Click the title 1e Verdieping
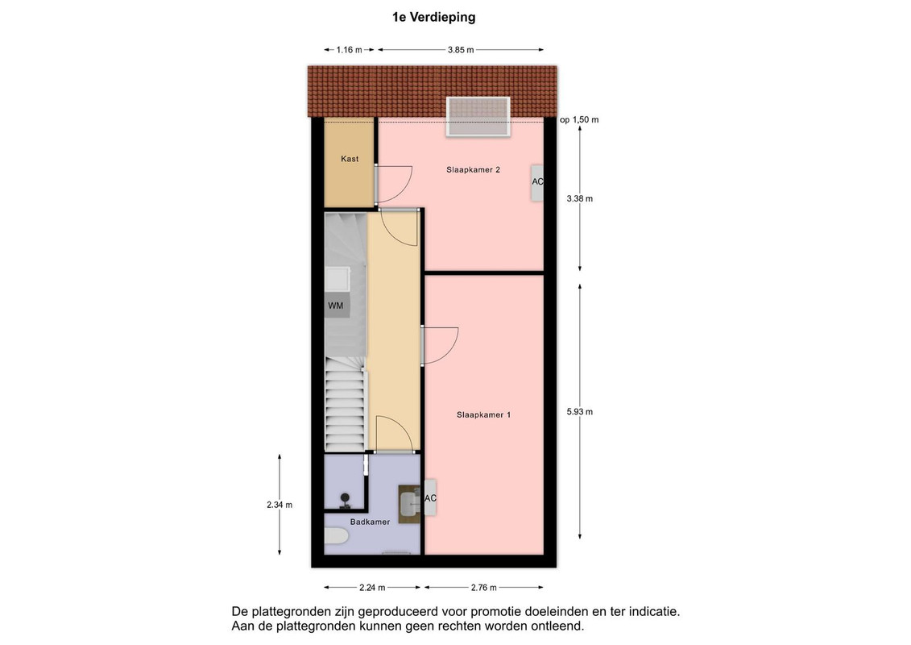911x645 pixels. [433, 18]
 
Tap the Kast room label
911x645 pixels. [350, 159]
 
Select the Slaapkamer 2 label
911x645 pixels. [473, 170]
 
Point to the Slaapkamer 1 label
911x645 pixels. [483, 414]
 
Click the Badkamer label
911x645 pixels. [370, 522]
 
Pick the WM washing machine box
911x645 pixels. [336, 306]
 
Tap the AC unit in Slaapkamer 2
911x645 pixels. [537, 183]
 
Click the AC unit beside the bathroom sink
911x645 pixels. [430, 497]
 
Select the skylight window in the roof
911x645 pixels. [478, 116]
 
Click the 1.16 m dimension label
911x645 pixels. [350, 50]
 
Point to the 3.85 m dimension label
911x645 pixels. [461, 50]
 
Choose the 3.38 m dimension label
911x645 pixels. [580, 199]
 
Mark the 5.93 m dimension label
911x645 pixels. [580, 412]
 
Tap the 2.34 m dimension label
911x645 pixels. [280, 505]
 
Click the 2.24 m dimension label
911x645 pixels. [372, 588]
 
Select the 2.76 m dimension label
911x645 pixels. [484, 588]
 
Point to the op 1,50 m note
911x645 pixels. [579, 120]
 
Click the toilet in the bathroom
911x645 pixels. [336, 535]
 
